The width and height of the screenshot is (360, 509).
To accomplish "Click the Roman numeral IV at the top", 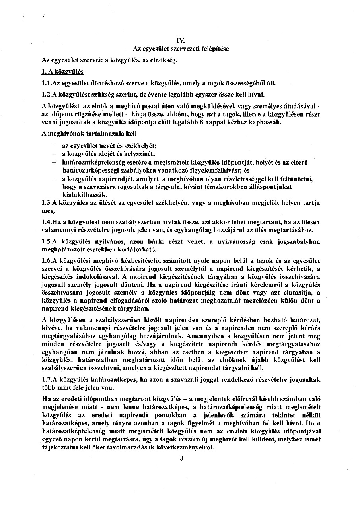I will [x=180, y=40].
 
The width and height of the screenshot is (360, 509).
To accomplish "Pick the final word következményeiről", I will [x=188, y=447].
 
